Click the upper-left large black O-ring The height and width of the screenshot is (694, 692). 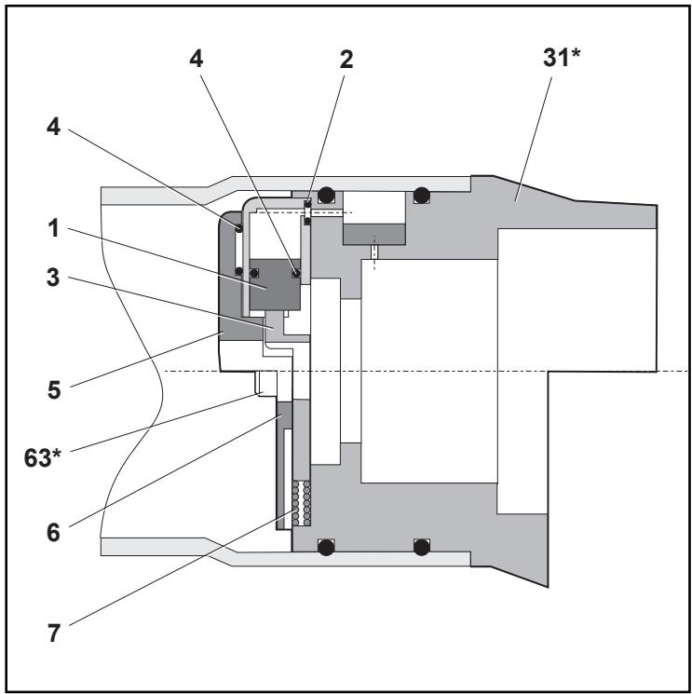[x=326, y=196]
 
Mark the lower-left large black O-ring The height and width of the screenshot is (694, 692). [x=326, y=546]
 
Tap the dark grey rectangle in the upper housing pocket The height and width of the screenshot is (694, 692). [x=375, y=234]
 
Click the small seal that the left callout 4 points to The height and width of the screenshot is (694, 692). [x=239, y=226]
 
